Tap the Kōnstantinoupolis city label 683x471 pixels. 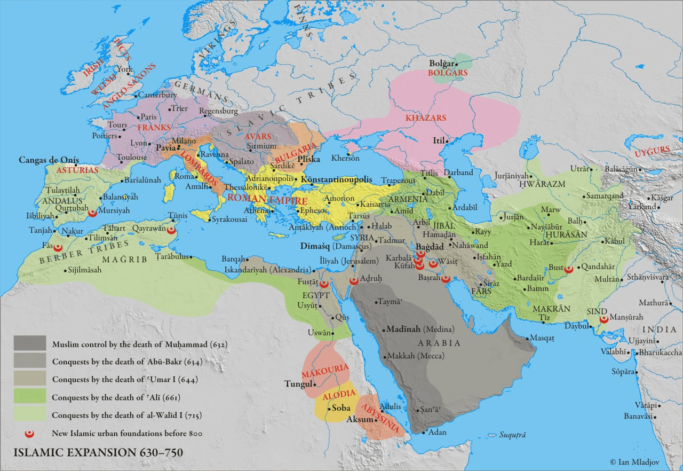coord(337,180)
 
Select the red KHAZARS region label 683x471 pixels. coord(425,117)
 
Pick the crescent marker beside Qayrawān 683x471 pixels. coord(171,230)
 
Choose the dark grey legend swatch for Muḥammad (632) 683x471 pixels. coord(30,344)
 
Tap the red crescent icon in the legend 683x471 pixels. coord(30,433)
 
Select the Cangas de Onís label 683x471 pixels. coord(49,160)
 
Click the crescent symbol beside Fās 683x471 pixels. coord(59,248)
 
